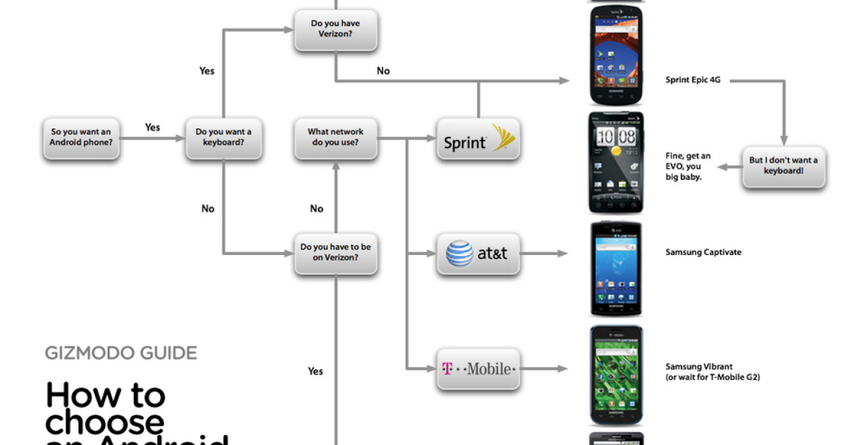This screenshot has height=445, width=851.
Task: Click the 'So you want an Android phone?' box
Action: click(x=81, y=137)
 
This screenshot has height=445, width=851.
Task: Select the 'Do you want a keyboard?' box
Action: click(x=223, y=137)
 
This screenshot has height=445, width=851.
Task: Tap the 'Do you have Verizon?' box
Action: click(x=335, y=29)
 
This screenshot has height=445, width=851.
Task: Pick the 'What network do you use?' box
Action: click(x=335, y=137)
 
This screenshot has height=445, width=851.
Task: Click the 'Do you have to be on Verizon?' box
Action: click(x=335, y=253)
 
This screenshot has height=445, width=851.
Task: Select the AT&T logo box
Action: click(x=479, y=253)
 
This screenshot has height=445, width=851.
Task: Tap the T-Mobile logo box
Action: click(x=479, y=368)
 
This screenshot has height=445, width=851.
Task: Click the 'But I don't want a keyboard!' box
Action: click(x=784, y=166)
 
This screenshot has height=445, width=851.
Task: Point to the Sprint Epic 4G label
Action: click(x=693, y=81)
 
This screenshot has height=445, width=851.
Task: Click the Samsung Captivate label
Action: click(x=703, y=252)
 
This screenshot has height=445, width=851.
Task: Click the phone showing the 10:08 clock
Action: click(x=616, y=162)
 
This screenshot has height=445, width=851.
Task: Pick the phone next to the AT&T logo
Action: click(x=616, y=269)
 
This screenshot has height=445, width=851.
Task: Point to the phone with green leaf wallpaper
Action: click(x=616, y=376)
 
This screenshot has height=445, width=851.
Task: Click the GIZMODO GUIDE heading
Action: click(x=121, y=353)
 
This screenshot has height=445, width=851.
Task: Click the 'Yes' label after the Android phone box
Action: click(x=152, y=128)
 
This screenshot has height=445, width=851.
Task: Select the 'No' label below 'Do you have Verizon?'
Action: click(x=383, y=71)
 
